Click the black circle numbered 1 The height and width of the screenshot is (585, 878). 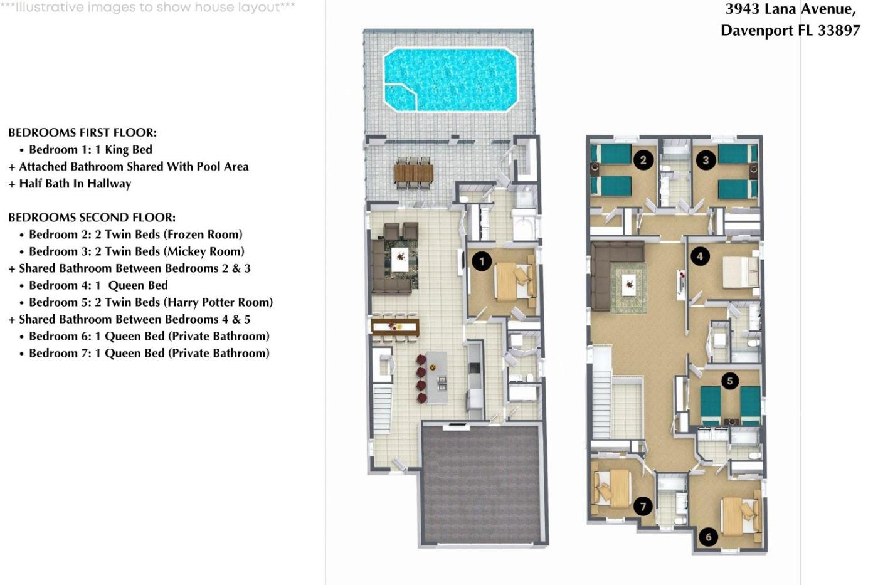tap(482, 261)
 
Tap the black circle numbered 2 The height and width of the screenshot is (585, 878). tap(643, 160)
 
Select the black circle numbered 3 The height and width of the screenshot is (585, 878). tap(706, 160)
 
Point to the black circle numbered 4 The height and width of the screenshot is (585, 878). tap(700, 256)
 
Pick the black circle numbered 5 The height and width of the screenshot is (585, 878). tap(730, 381)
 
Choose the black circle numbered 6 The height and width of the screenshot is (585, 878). tap(708, 537)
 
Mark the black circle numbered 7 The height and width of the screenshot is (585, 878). tap(643, 507)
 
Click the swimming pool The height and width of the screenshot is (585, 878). tap(451, 80)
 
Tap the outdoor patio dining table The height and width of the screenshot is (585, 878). tap(413, 173)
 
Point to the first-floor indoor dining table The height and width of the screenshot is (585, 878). tap(395, 327)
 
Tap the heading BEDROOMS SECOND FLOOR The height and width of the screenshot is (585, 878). tap(92, 218)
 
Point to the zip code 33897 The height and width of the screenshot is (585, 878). tap(839, 31)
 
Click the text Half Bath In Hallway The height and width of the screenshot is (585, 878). tap(75, 184)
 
